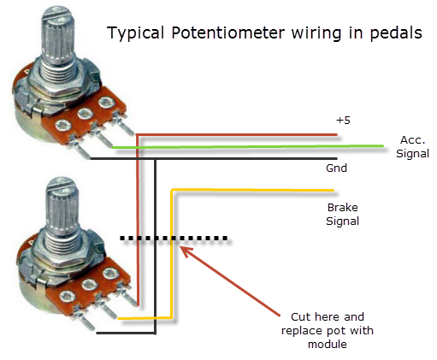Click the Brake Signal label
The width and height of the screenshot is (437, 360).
pyautogui.click(x=342, y=214)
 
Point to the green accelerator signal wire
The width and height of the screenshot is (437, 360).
pyautogui.click(x=257, y=146)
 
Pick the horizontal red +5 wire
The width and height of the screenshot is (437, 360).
pyautogui.click(x=239, y=134)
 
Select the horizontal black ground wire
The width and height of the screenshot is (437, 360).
pyautogui.click(x=239, y=160)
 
